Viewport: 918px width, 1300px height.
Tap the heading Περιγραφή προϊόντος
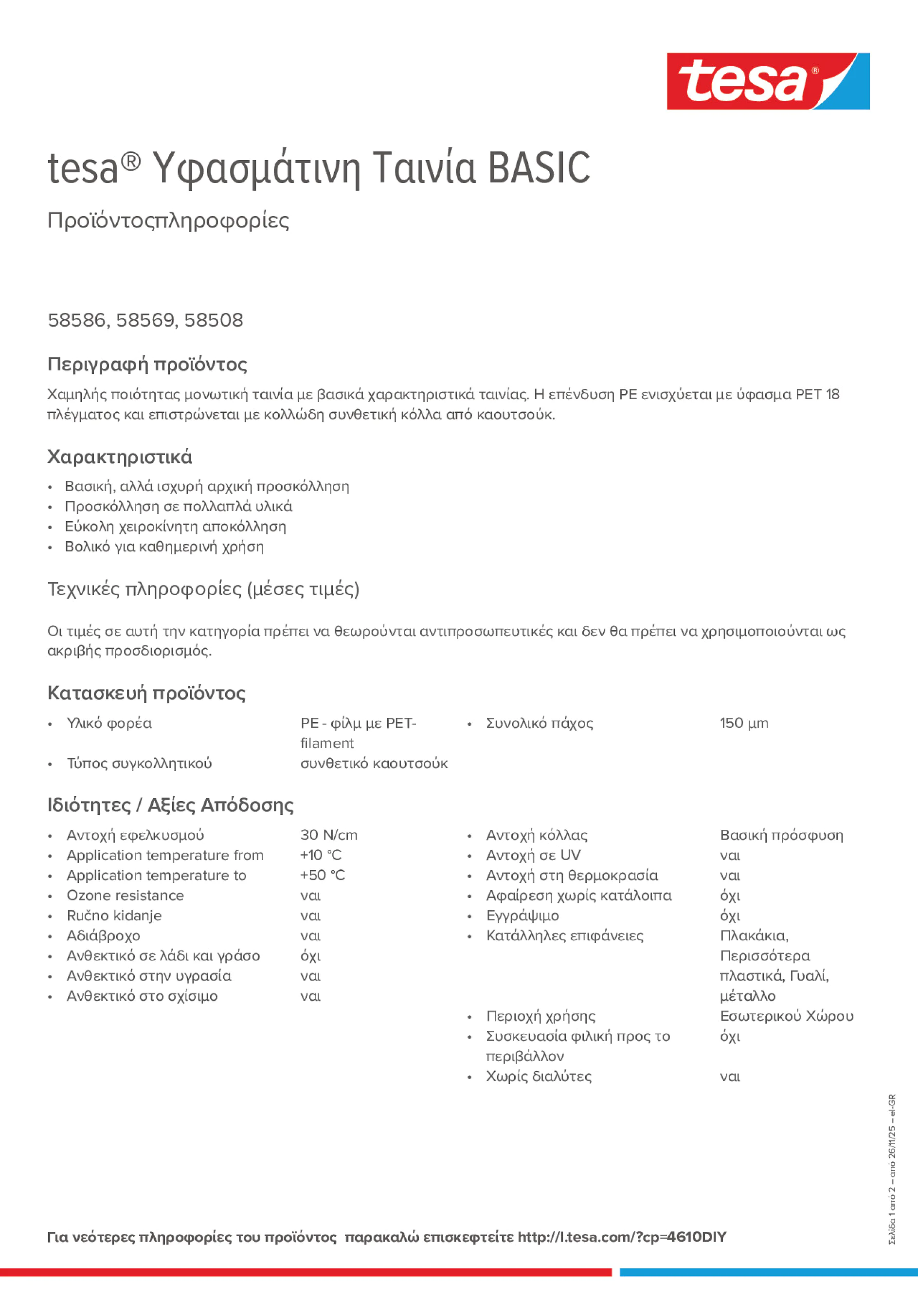pos(147,364)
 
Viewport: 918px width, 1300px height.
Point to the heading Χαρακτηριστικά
pos(119,457)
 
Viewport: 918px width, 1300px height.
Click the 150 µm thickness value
pos(744,723)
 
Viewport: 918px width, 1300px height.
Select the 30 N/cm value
pos(329,835)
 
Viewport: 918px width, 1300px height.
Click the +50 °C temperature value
pos(323,876)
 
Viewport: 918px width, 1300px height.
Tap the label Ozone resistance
pos(125,895)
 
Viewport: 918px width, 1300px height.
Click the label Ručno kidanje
pos(114,915)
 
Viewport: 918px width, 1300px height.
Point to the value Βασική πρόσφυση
pos(781,835)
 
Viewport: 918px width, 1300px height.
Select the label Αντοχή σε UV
pos(533,855)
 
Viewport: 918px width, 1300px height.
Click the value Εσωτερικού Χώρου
pos(787,1016)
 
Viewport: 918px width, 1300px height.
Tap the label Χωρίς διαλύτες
pos(538,1076)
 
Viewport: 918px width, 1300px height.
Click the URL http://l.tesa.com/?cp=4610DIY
pos(621,1237)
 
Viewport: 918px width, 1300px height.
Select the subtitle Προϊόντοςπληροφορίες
pos(168,220)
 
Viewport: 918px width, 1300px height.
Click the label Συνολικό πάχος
pos(540,723)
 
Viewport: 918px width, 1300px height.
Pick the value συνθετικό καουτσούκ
pos(374,763)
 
